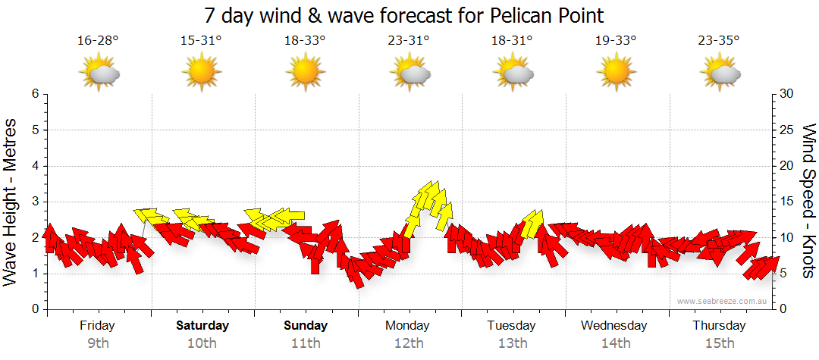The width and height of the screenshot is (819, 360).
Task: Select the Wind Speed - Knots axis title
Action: click(808, 202)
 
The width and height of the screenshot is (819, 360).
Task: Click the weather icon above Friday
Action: click(99, 74)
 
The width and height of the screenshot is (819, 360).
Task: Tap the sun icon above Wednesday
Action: click(617, 74)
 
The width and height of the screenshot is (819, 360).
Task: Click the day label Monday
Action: click(408, 326)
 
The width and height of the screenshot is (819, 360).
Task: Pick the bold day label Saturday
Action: click(202, 326)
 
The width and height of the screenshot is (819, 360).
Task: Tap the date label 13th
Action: click(513, 343)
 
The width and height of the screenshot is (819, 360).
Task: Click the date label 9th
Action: click(98, 343)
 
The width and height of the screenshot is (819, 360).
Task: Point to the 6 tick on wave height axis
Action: click(35, 94)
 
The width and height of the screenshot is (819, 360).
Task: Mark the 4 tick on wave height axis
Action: click(35, 166)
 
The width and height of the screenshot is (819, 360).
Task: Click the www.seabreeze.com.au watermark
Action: click(723, 301)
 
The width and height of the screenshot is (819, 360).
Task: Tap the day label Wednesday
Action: click(614, 326)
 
